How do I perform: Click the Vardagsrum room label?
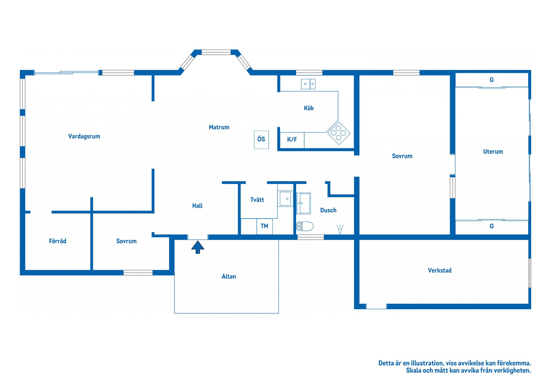(84, 137)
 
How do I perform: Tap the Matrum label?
(219, 127)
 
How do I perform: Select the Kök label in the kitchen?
(309, 108)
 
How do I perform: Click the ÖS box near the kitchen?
(261, 140)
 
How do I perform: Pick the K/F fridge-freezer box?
(292, 140)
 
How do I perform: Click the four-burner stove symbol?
(339, 133)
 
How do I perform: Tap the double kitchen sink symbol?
(308, 84)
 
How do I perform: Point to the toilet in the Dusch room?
(305, 226)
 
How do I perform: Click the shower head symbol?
(340, 229)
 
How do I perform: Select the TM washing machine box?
(265, 226)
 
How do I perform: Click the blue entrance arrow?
(198, 247)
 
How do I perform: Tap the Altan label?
(229, 276)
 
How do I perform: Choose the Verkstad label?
(440, 270)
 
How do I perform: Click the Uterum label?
(493, 151)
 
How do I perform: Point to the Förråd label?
(58, 241)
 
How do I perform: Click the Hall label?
(197, 206)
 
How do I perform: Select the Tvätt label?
(257, 200)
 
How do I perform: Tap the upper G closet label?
(492, 80)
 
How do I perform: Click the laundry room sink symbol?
(285, 199)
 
